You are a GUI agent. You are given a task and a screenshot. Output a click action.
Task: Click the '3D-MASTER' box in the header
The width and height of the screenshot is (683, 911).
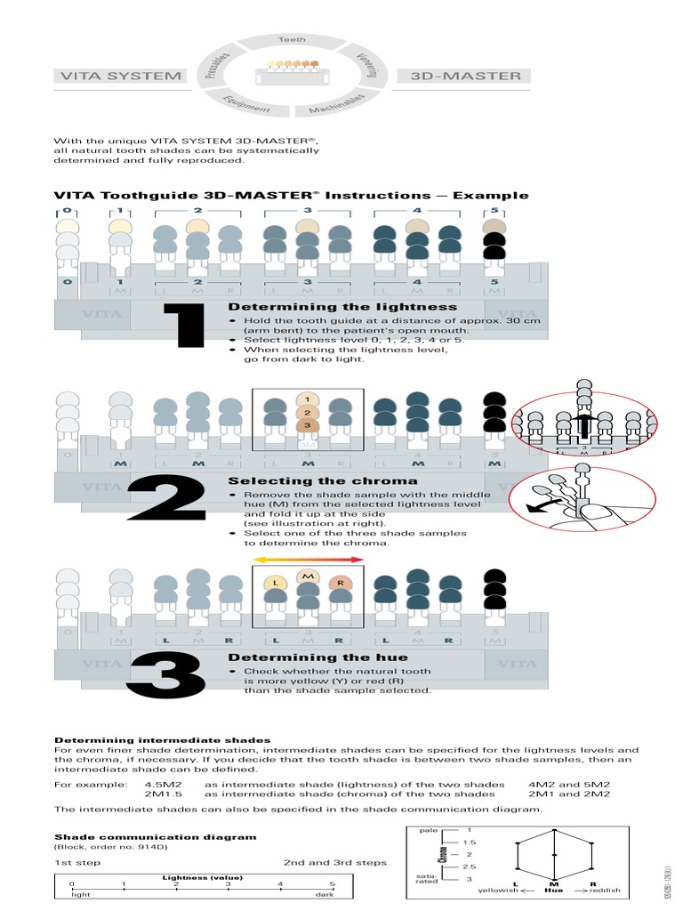(x=466, y=76)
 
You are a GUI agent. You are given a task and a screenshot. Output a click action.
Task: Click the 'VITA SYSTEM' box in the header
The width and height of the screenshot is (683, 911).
(x=120, y=76)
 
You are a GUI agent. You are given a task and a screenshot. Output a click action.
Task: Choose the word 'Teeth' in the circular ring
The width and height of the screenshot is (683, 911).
(x=292, y=40)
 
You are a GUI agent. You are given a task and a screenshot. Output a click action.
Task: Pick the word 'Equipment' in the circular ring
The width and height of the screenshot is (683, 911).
(x=247, y=103)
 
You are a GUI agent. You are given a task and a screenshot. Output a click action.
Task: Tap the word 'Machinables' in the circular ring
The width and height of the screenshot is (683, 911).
(x=337, y=104)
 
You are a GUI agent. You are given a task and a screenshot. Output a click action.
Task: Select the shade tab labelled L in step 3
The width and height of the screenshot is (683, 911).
(x=276, y=582)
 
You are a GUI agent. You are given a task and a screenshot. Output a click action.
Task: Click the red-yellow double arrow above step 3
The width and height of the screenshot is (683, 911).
(x=308, y=560)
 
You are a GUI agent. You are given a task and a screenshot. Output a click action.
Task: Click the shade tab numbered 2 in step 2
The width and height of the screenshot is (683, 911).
(x=308, y=412)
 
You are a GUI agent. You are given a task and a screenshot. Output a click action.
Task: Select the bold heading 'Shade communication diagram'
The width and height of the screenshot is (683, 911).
(x=156, y=837)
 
